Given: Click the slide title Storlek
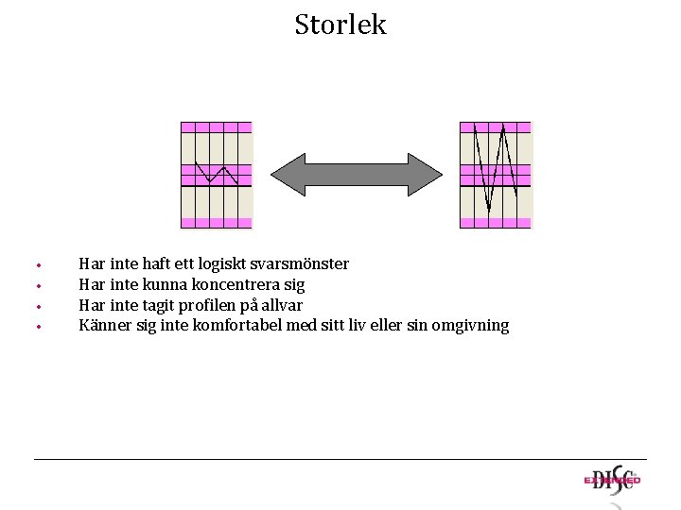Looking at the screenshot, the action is coord(340,25).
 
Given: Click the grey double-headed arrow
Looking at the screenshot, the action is coord(357,174).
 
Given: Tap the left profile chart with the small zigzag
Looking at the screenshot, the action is coord(217,175).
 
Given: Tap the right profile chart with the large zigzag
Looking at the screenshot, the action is coord(496,175).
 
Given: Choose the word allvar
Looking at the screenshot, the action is coord(280,305).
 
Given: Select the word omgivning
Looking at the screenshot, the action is coord(470,326).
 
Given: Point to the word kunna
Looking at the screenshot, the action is coord(166,284).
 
